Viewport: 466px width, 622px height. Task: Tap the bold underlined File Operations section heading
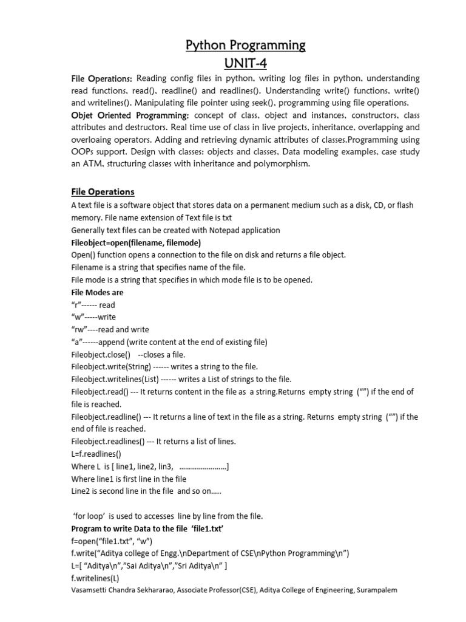[x=103, y=192]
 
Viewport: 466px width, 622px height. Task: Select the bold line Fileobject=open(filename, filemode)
[x=136, y=243]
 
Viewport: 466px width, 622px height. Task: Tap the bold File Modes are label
[x=97, y=292]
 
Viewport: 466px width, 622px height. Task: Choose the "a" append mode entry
[x=169, y=342]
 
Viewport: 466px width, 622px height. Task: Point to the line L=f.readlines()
[x=96, y=454]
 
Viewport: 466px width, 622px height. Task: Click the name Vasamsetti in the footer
[x=92, y=590]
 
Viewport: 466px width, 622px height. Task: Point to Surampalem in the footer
[x=376, y=590]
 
